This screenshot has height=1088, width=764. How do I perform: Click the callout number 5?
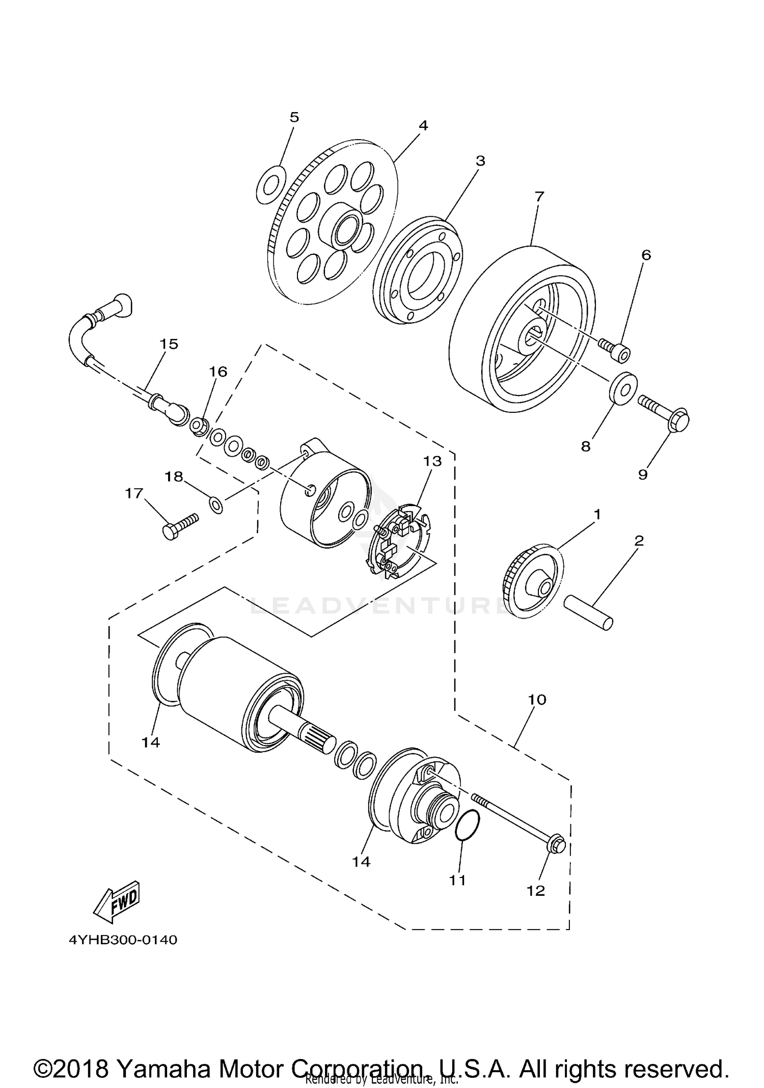294,117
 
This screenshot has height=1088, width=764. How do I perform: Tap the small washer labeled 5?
270,184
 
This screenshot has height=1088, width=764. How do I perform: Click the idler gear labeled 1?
534,581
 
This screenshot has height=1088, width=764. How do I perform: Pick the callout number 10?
537,699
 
